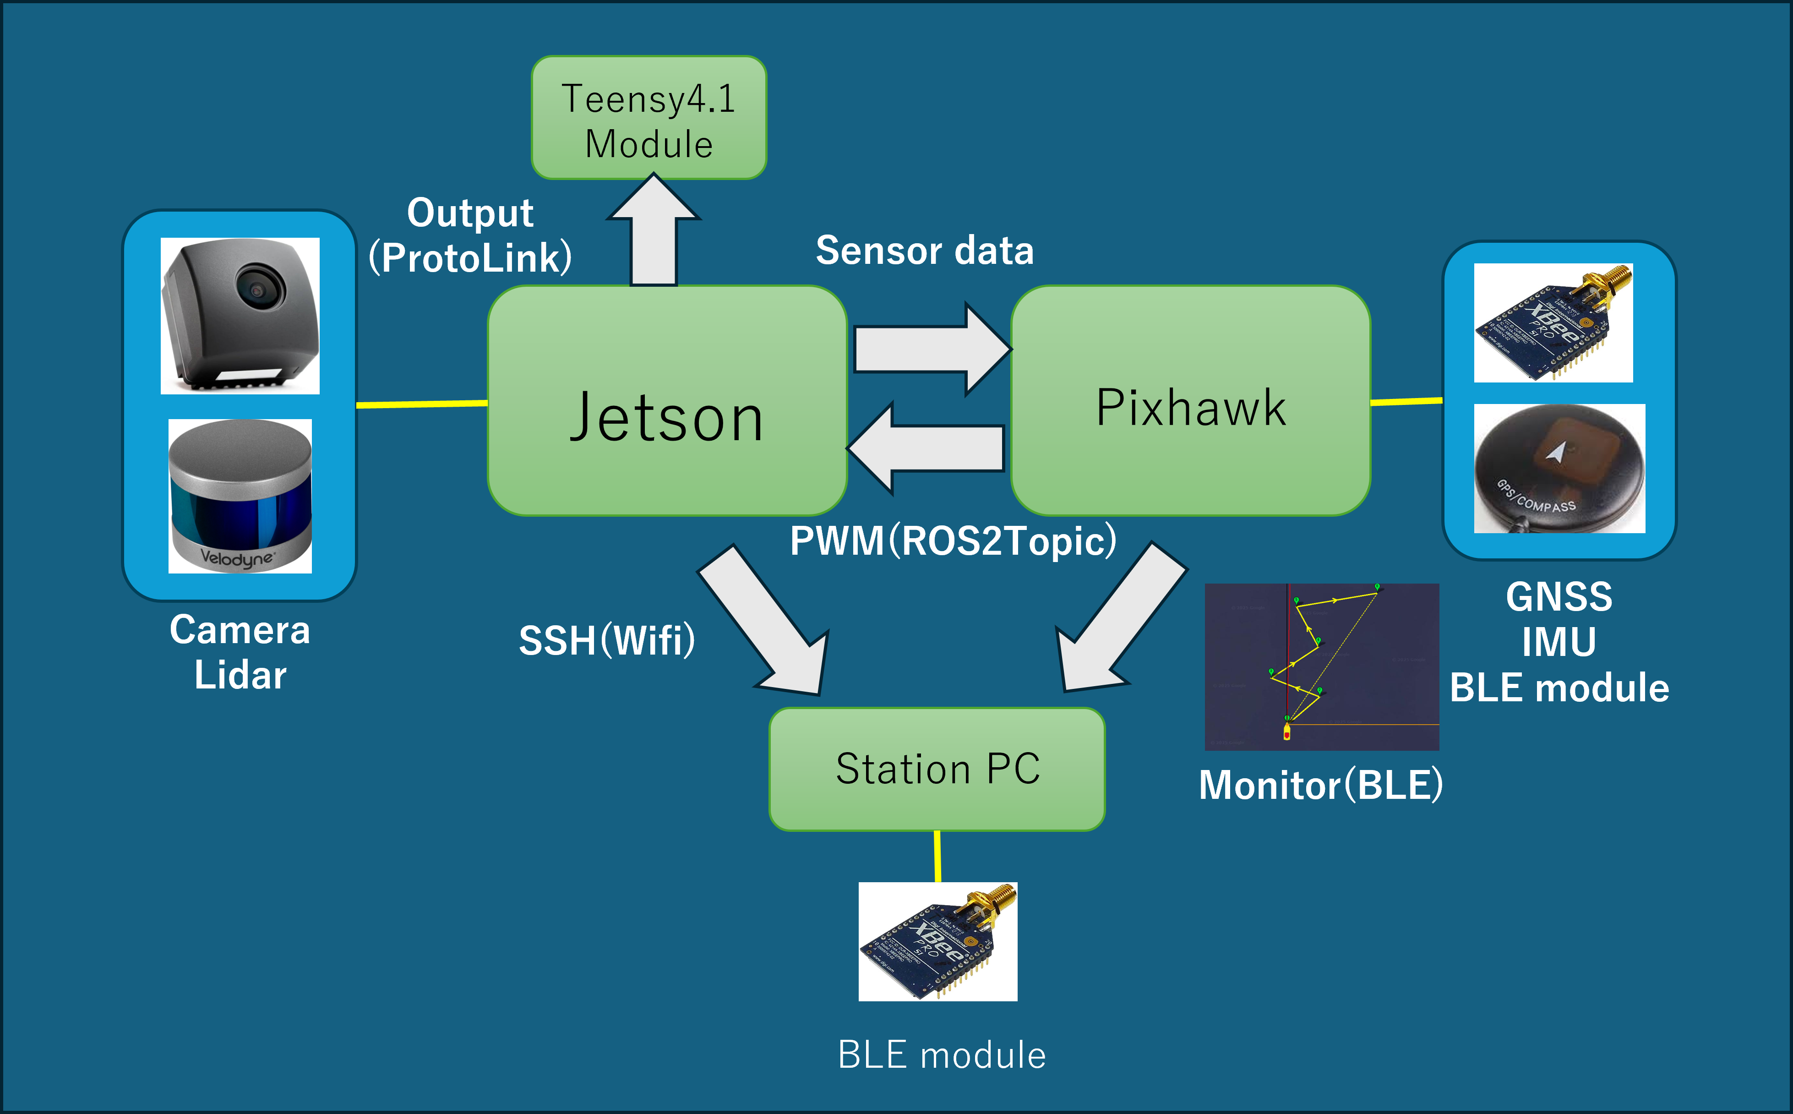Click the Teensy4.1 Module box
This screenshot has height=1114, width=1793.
[648, 118]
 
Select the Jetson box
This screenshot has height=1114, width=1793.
[667, 402]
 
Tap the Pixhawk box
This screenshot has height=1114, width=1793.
[1190, 402]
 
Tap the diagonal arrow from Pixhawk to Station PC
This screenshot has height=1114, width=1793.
[1120, 623]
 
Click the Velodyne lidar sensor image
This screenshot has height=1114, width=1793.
[240, 496]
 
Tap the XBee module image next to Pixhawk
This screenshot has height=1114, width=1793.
[1553, 323]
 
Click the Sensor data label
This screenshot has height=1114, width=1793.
[925, 251]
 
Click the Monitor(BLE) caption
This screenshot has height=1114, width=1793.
[1320, 785]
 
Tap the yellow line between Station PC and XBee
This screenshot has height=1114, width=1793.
[937, 856]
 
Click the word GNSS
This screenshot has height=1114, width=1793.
[1559, 597]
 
